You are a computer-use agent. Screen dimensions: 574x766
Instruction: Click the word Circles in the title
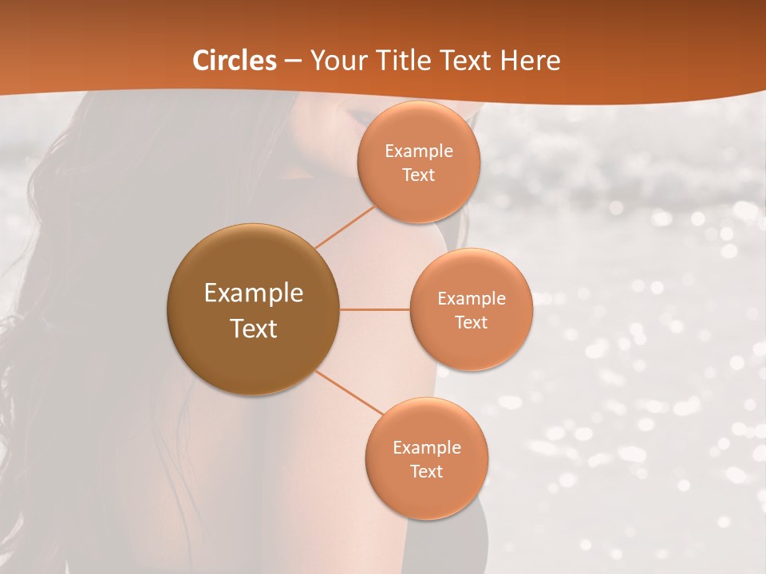(x=235, y=61)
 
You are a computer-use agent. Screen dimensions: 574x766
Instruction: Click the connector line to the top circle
(x=345, y=226)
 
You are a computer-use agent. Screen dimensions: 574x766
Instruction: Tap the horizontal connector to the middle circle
(x=375, y=309)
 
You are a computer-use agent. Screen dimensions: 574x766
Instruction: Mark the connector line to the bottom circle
(x=349, y=392)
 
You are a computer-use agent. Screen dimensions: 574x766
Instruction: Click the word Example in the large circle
(x=254, y=293)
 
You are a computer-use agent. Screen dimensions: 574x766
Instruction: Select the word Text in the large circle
(x=254, y=328)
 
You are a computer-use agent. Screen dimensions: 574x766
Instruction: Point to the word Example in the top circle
(x=419, y=151)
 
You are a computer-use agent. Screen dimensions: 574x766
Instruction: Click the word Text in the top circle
(x=418, y=175)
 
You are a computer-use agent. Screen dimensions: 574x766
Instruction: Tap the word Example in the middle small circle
(x=472, y=299)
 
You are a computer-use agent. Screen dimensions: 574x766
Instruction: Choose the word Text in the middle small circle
(x=471, y=323)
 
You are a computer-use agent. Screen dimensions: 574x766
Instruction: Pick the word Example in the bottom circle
(x=427, y=448)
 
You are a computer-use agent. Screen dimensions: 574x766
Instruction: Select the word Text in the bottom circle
(x=426, y=472)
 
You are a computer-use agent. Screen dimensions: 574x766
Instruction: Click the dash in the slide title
(x=293, y=61)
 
